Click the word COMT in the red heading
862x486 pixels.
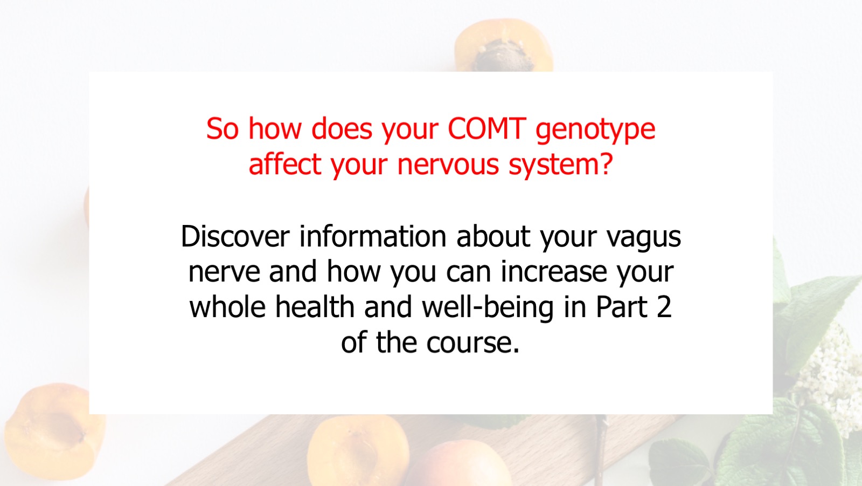[487, 128]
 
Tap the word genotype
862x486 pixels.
[595, 131]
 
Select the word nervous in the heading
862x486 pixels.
[448, 166]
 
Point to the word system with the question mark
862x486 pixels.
[561, 166]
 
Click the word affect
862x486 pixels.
[285, 163]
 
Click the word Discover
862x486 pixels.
[235, 236]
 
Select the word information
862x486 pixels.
[372, 236]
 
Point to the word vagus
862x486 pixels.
[644, 238]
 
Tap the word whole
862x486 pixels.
[227, 306]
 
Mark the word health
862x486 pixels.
[315, 306]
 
